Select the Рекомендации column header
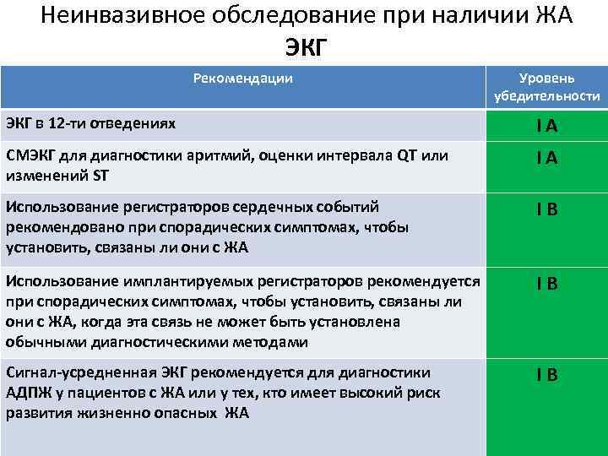[x=243, y=79]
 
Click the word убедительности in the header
[x=547, y=96]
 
